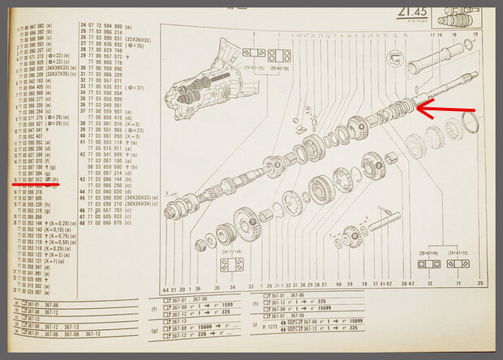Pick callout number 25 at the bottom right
pos(480,283)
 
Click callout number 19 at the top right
pos(475,35)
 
